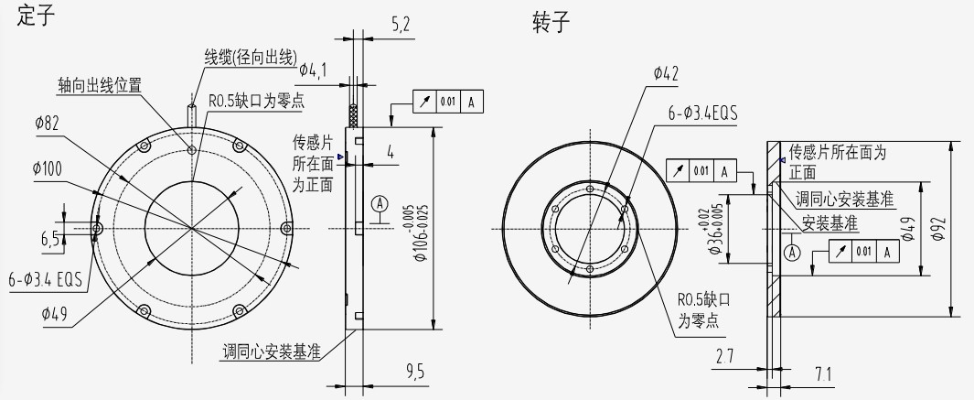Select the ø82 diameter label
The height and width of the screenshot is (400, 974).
point(48,124)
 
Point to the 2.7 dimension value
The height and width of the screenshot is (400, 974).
point(724,355)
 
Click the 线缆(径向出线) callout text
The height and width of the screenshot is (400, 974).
point(251,59)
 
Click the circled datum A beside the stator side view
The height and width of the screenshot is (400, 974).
point(381,203)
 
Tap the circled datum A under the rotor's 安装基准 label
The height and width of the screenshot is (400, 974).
point(792,249)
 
